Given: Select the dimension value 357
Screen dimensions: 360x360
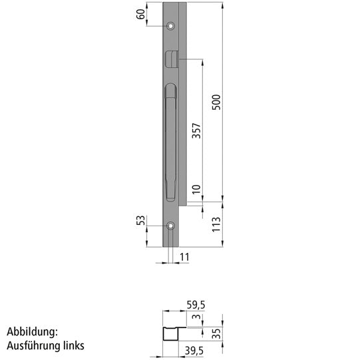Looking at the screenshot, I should tap(196, 130).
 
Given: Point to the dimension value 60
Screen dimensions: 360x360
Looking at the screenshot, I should tap(141, 14).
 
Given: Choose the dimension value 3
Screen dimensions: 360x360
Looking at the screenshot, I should tap(196, 319).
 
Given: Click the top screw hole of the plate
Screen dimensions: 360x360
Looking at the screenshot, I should tap(171, 26).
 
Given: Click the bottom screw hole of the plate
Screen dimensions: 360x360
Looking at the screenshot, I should tap(171, 226).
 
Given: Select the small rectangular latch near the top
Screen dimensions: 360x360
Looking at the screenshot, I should tap(170, 59).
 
